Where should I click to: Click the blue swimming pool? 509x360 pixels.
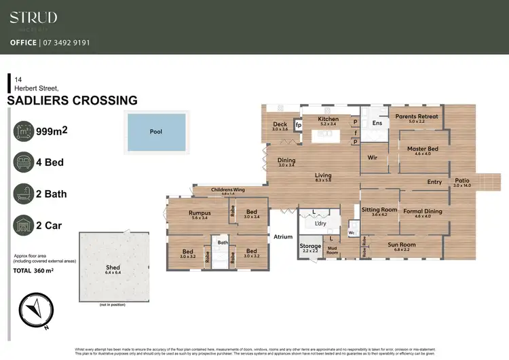point(155,131)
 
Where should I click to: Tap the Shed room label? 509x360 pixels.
point(113,268)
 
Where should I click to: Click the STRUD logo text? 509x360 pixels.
point(33,18)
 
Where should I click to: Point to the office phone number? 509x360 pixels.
point(66,42)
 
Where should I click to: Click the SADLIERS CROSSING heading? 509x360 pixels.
point(72,101)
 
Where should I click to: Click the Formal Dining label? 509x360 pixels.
point(422,211)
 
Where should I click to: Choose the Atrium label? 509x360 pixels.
point(282,237)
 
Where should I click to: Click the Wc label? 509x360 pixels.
point(351,232)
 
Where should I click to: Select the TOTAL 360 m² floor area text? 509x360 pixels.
point(33,270)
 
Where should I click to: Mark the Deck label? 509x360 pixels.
point(280,124)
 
